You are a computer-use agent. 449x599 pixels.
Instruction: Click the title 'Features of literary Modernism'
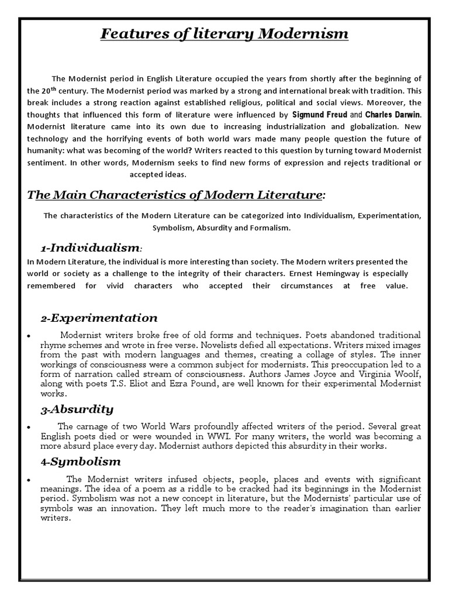[x=224, y=34]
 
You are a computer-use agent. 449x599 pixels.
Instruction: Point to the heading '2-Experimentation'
[x=99, y=318]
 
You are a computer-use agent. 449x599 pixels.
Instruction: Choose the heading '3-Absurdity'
[x=77, y=409]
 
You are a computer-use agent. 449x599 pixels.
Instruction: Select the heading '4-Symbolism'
[x=81, y=462]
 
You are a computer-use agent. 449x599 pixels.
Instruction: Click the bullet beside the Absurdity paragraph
[x=30, y=428]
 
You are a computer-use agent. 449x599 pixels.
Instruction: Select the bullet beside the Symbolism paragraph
[x=30, y=481]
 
